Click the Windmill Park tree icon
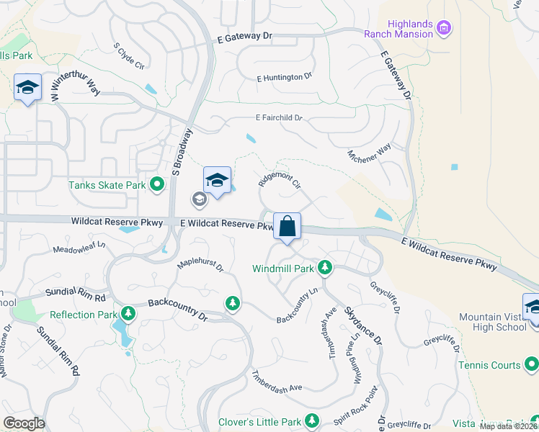pos(325,269)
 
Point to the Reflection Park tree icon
pos(128,314)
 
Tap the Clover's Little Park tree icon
pos(312,420)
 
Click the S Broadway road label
pos(182,152)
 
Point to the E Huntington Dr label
pos(284,77)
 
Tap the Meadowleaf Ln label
pos(79,248)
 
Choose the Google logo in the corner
pos(24,423)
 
